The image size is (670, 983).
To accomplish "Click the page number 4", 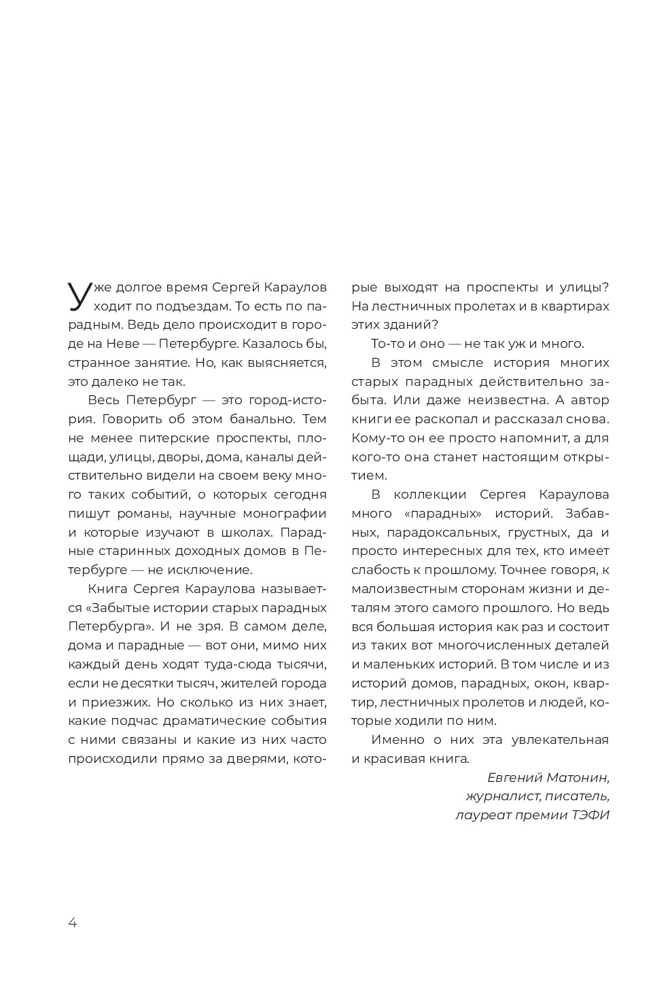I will pyautogui.click(x=73, y=922).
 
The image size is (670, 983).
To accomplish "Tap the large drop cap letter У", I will pyautogui.click(x=80, y=295).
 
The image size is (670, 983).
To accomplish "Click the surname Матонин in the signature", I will pyautogui.click(x=578, y=777).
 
